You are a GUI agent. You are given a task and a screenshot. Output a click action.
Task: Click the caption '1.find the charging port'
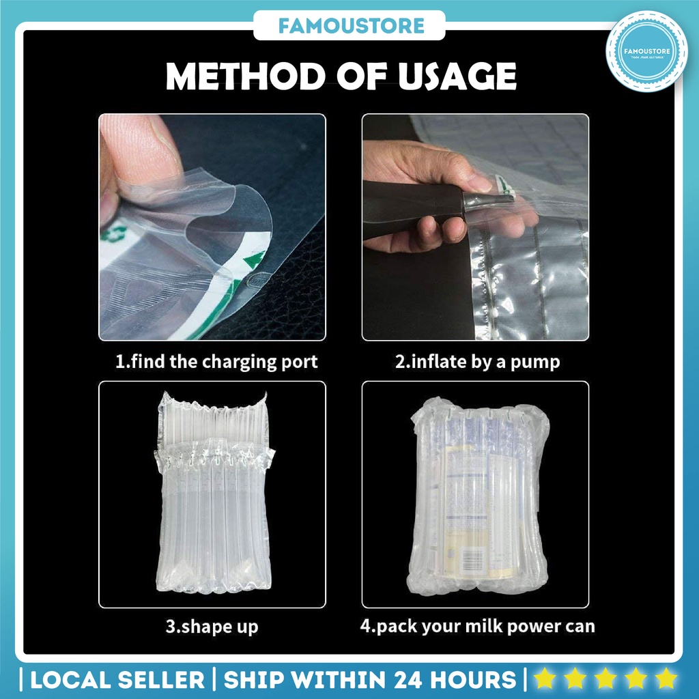pos(216,361)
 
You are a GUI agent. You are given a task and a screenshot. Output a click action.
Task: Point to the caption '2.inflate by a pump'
pos(477,361)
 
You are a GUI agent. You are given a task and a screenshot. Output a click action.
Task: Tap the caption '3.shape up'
pos(212,626)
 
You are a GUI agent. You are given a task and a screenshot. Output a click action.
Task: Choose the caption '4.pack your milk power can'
pos(477,626)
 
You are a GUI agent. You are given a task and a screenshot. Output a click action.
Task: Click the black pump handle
pos(410,209)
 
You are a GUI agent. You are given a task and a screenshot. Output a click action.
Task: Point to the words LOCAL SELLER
pos(117,679)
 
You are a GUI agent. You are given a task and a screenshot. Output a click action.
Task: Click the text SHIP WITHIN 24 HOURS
pos(369,679)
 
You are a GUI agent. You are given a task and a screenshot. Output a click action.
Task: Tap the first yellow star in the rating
pos(544,679)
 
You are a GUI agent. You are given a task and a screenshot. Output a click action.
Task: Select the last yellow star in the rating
pos(664,679)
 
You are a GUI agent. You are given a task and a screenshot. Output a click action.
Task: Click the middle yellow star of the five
pos(604,679)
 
